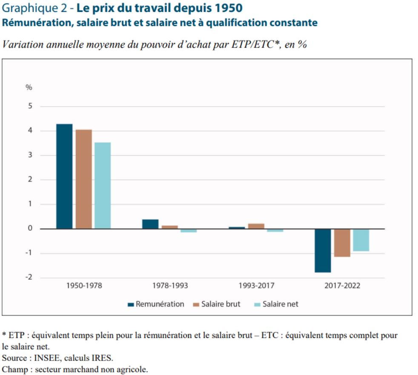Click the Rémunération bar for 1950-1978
[64, 176]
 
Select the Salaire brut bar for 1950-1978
[83, 179]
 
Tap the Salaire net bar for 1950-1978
[103, 185]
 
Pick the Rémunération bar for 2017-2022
[323, 250]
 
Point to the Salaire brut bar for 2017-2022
[342, 243]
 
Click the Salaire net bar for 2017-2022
[361, 240]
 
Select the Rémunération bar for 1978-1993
[150, 224]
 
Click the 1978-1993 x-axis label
[170, 285]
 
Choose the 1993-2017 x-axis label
[256, 285]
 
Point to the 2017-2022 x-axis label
[342, 285]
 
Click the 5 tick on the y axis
[30, 106]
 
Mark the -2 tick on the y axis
[29, 277]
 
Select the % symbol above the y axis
[29, 88]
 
